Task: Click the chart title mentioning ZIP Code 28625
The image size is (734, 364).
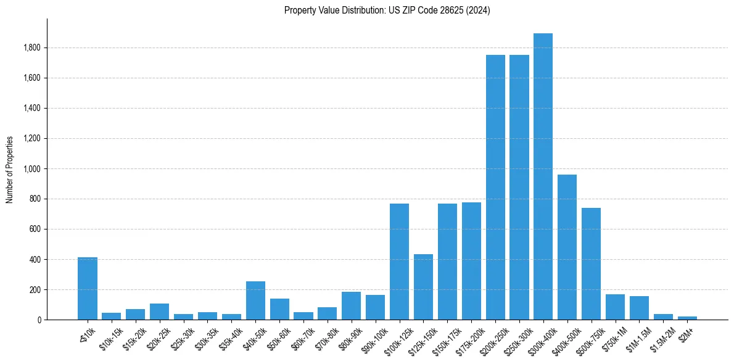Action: click(387, 10)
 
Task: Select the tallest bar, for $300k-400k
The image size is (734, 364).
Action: click(543, 176)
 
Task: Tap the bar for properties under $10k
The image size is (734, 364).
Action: click(88, 288)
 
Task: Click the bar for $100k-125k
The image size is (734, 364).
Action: click(399, 262)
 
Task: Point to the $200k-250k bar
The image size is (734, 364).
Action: click(495, 187)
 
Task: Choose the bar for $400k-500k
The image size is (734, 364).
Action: click(567, 247)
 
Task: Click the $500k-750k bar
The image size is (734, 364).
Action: click(591, 263)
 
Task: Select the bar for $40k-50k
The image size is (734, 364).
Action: click(255, 300)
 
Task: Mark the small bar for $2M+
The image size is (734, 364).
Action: click(687, 318)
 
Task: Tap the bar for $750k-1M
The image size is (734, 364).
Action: click(615, 307)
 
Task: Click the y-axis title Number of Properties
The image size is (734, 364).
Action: click(10, 169)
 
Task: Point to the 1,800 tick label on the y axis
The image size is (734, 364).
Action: click(32, 48)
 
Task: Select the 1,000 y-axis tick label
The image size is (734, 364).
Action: click(32, 169)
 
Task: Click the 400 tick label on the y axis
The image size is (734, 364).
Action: click(35, 260)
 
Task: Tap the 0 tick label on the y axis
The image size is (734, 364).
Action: click(38, 320)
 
